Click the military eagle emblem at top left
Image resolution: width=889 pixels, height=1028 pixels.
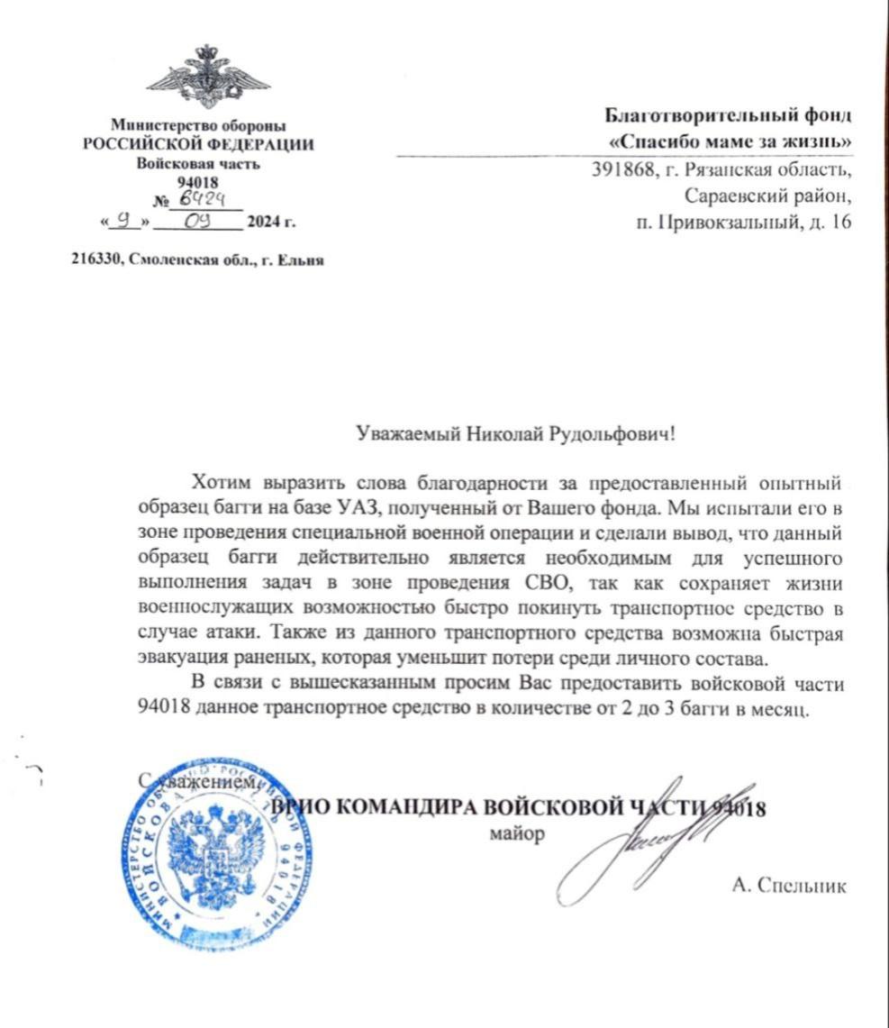[208, 76]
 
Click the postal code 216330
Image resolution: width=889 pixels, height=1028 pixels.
[96, 260]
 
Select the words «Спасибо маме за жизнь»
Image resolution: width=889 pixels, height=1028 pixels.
[730, 141]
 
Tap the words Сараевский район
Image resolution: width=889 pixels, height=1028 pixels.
[767, 195]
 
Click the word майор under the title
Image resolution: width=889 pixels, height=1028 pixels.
[516, 833]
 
